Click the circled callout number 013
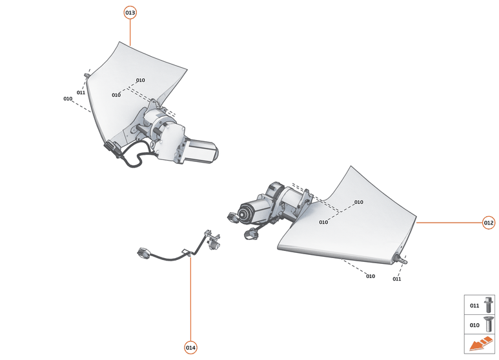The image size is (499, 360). pyautogui.click(x=130, y=13)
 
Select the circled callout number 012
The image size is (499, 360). pyautogui.click(x=489, y=223)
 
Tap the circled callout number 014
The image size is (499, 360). pyautogui.click(x=190, y=348)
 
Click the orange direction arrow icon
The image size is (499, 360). pyautogui.click(x=480, y=345)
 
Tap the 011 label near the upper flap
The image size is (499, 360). pyautogui.click(x=81, y=92)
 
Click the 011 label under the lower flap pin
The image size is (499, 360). pyautogui.click(x=396, y=279)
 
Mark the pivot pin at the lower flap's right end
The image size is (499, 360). pyautogui.click(x=405, y=260)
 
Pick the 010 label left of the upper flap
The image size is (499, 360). pyautogui.click(x=68, y=99)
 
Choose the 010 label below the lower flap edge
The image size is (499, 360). pyautogui.click(x=370, y=276)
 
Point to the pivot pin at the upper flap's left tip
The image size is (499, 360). pyautogui.click(x=86, y=75)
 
